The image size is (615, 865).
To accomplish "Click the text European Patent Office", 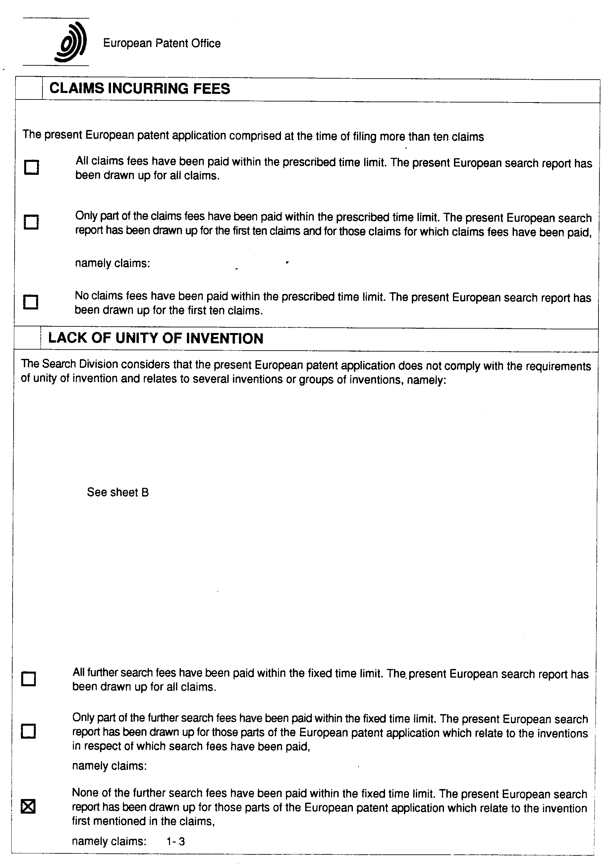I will (x=162, y=43).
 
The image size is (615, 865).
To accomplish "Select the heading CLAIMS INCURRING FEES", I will (x=140, y=89).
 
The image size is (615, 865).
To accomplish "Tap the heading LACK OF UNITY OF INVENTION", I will (x=156, y=338).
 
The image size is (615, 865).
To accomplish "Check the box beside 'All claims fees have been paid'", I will (x=31, y=167).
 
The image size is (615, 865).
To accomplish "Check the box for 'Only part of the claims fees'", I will (x=31, y=222).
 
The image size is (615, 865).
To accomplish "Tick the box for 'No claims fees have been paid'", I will (x=31, y=302).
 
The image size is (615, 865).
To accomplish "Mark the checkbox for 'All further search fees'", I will (x=29, y=679).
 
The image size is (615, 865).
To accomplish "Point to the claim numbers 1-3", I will (x=176, y=841).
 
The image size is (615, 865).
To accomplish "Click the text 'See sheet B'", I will (x=118, y=493).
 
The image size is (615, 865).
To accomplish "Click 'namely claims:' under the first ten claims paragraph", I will (x=112, y=263).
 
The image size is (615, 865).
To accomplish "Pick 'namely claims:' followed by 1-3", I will (x=109, y=841).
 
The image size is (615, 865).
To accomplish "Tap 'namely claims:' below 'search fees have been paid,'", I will (x=109, y=766).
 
